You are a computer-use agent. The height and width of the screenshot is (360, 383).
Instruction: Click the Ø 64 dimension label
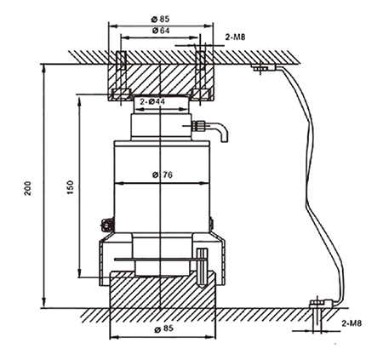click(161, 31)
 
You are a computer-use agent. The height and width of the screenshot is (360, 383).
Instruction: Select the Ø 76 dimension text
click(163, 174)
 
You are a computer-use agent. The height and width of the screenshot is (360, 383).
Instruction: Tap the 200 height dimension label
click(28, 188)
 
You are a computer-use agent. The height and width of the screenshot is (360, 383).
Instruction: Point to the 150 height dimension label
click(70, 187)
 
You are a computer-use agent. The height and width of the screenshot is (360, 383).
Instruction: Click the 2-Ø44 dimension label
click(152, 101)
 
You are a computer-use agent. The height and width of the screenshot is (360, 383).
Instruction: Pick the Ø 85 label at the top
click(161, 19)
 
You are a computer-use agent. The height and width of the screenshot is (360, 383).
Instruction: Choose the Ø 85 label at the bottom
click(163, 329)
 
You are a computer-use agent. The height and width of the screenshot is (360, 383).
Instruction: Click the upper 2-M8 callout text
click(235, 37)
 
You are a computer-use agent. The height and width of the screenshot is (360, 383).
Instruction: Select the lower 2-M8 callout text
click(352, 323)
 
